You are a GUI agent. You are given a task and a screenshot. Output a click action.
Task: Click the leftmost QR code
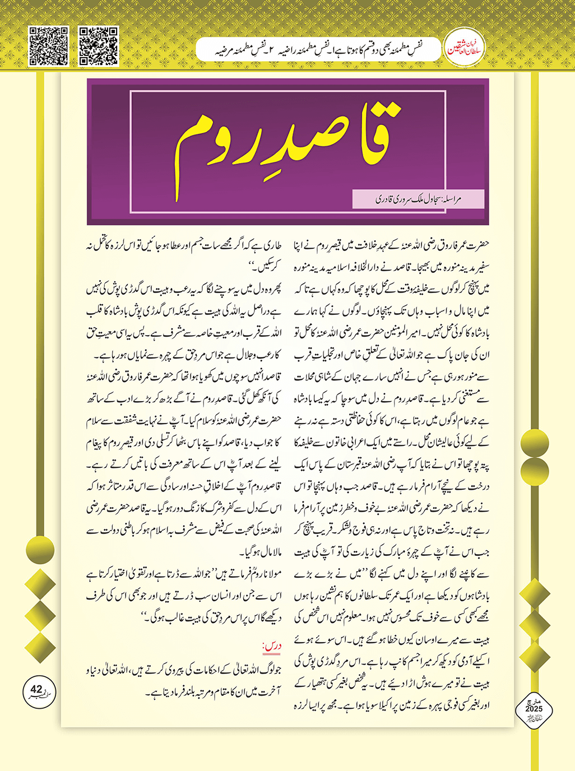click(x=49, y=46)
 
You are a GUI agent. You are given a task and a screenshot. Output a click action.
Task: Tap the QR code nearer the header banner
click(x=99, y=46)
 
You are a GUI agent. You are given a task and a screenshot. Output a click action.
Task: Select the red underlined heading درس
click(x=272, y=646)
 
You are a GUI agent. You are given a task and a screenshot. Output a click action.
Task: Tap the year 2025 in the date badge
click(x=534, y=709)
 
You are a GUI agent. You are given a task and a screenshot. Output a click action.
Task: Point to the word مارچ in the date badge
click(x=534, y=702)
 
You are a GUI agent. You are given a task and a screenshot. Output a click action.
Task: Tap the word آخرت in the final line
click(x=267, y=693)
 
